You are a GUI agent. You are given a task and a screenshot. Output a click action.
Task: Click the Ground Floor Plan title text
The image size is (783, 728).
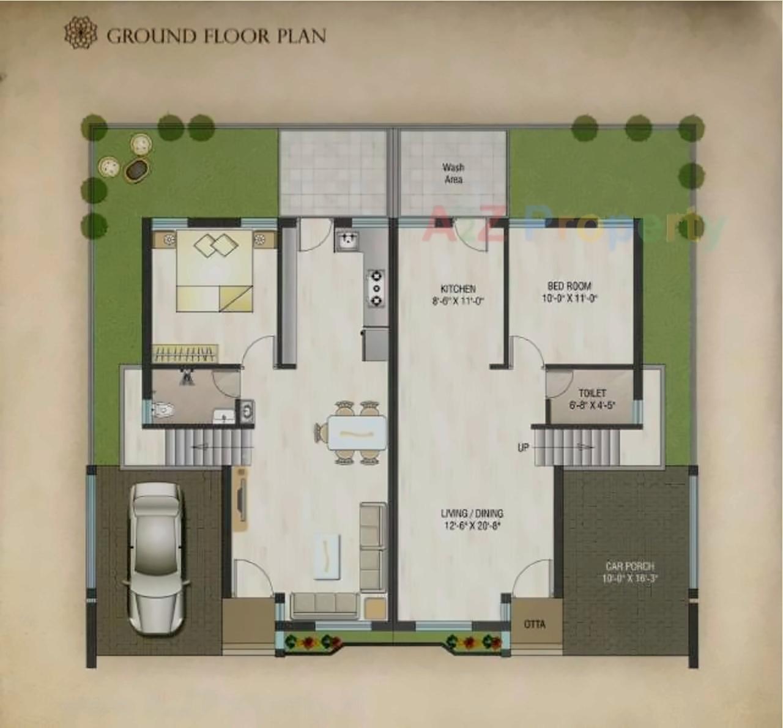(216, 35)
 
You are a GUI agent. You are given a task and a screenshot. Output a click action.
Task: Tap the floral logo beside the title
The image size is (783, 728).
(81, 33)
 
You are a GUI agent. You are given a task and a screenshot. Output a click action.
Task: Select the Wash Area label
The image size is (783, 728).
(453, 173)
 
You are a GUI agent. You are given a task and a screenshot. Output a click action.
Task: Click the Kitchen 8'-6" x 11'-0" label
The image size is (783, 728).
(458, 294)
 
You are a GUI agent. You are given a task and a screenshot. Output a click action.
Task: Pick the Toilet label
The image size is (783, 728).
(592, 398)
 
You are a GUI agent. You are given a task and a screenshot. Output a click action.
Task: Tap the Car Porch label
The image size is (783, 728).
(629, 571)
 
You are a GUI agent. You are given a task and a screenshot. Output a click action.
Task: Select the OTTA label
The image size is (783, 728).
(534, 625)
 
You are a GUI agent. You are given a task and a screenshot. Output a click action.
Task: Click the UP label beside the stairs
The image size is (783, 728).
(523, 448)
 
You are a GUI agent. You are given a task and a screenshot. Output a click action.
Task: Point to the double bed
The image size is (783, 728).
(215, 270)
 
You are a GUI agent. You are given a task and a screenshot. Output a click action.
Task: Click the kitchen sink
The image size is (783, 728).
(347, 241)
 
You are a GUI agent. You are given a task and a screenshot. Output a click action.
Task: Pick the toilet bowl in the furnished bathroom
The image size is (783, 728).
(161, 409)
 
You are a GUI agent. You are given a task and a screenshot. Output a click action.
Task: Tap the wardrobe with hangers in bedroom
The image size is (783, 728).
(185, 353)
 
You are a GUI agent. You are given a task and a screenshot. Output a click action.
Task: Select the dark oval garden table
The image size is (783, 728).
(135, 171)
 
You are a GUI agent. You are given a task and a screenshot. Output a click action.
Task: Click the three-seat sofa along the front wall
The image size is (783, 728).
(324, 604)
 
